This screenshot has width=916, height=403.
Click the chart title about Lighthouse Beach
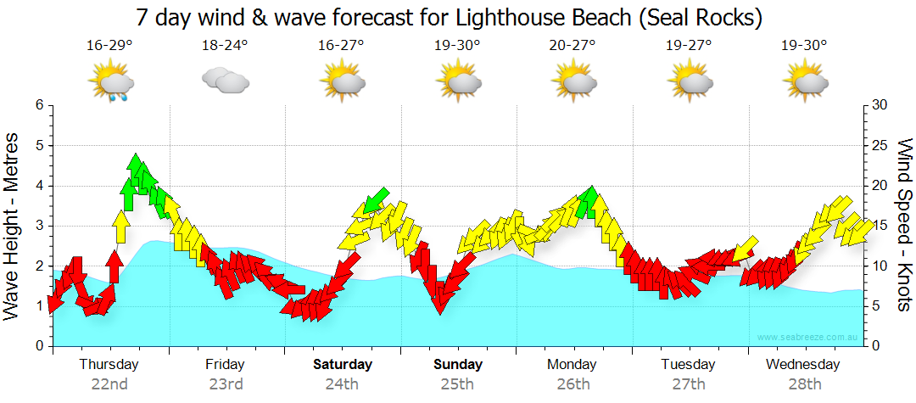coord(449,17)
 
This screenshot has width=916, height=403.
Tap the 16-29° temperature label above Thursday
coord(109,46)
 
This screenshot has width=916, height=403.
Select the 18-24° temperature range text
coord(225,46)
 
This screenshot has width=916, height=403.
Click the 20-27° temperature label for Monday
coord(573,46)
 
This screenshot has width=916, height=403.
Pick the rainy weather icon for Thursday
coord(111,83)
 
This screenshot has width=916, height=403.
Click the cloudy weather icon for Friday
coord(225,81)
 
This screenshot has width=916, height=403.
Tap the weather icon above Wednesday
coord(805,81)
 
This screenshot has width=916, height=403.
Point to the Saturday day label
coord(342,365)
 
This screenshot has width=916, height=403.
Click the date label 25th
coord(457,384)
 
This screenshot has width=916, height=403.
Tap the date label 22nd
coord(109,384)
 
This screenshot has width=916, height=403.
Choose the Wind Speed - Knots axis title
coord(903,225)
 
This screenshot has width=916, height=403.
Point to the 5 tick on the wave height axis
coord(39,146)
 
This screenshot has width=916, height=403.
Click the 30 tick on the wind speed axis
coord(880,105)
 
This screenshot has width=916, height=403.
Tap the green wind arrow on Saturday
coord(374,201)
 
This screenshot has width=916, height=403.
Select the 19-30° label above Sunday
coord(457,46)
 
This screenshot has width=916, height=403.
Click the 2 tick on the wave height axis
coord(39,266)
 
